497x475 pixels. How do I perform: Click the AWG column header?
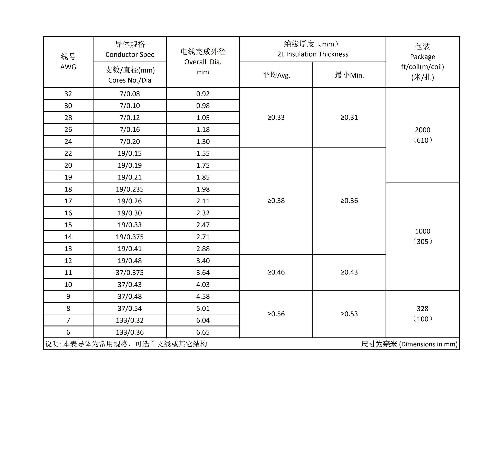click(x=68, y=62)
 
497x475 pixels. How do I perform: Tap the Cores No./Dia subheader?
click(x=130, y=75)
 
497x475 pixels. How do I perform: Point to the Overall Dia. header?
click(x=203, y=62)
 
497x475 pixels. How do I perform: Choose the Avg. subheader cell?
click(x=276, y=75)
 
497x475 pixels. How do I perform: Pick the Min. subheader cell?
click(x=349, y=75)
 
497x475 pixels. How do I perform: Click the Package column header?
click(x=422, y=62)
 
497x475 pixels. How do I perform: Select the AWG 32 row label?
click(x=68, y=94)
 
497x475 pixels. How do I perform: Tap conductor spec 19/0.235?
click(x=130, y=189)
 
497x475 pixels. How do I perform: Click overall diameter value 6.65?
click(x=203, y=332)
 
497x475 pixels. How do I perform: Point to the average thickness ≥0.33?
click(x=276, y=117)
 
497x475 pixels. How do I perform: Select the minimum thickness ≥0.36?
click(x=349, y=201)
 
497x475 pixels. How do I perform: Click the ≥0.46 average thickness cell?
click(x=276, y=272)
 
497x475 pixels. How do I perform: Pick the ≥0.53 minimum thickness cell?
click(x=349, y=314)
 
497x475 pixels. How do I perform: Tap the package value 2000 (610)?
click(x=422, y=135)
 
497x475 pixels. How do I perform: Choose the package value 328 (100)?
click(x=422, y=314)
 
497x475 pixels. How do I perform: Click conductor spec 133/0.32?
click(x=130, y=320)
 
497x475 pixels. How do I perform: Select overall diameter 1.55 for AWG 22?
click(x=203, y=153)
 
